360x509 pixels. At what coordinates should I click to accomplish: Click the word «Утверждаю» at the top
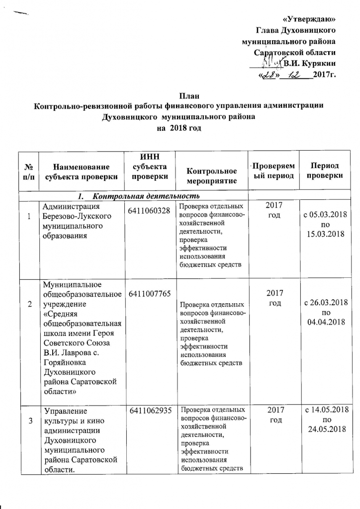309,19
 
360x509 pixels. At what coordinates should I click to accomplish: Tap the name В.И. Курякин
309,63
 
